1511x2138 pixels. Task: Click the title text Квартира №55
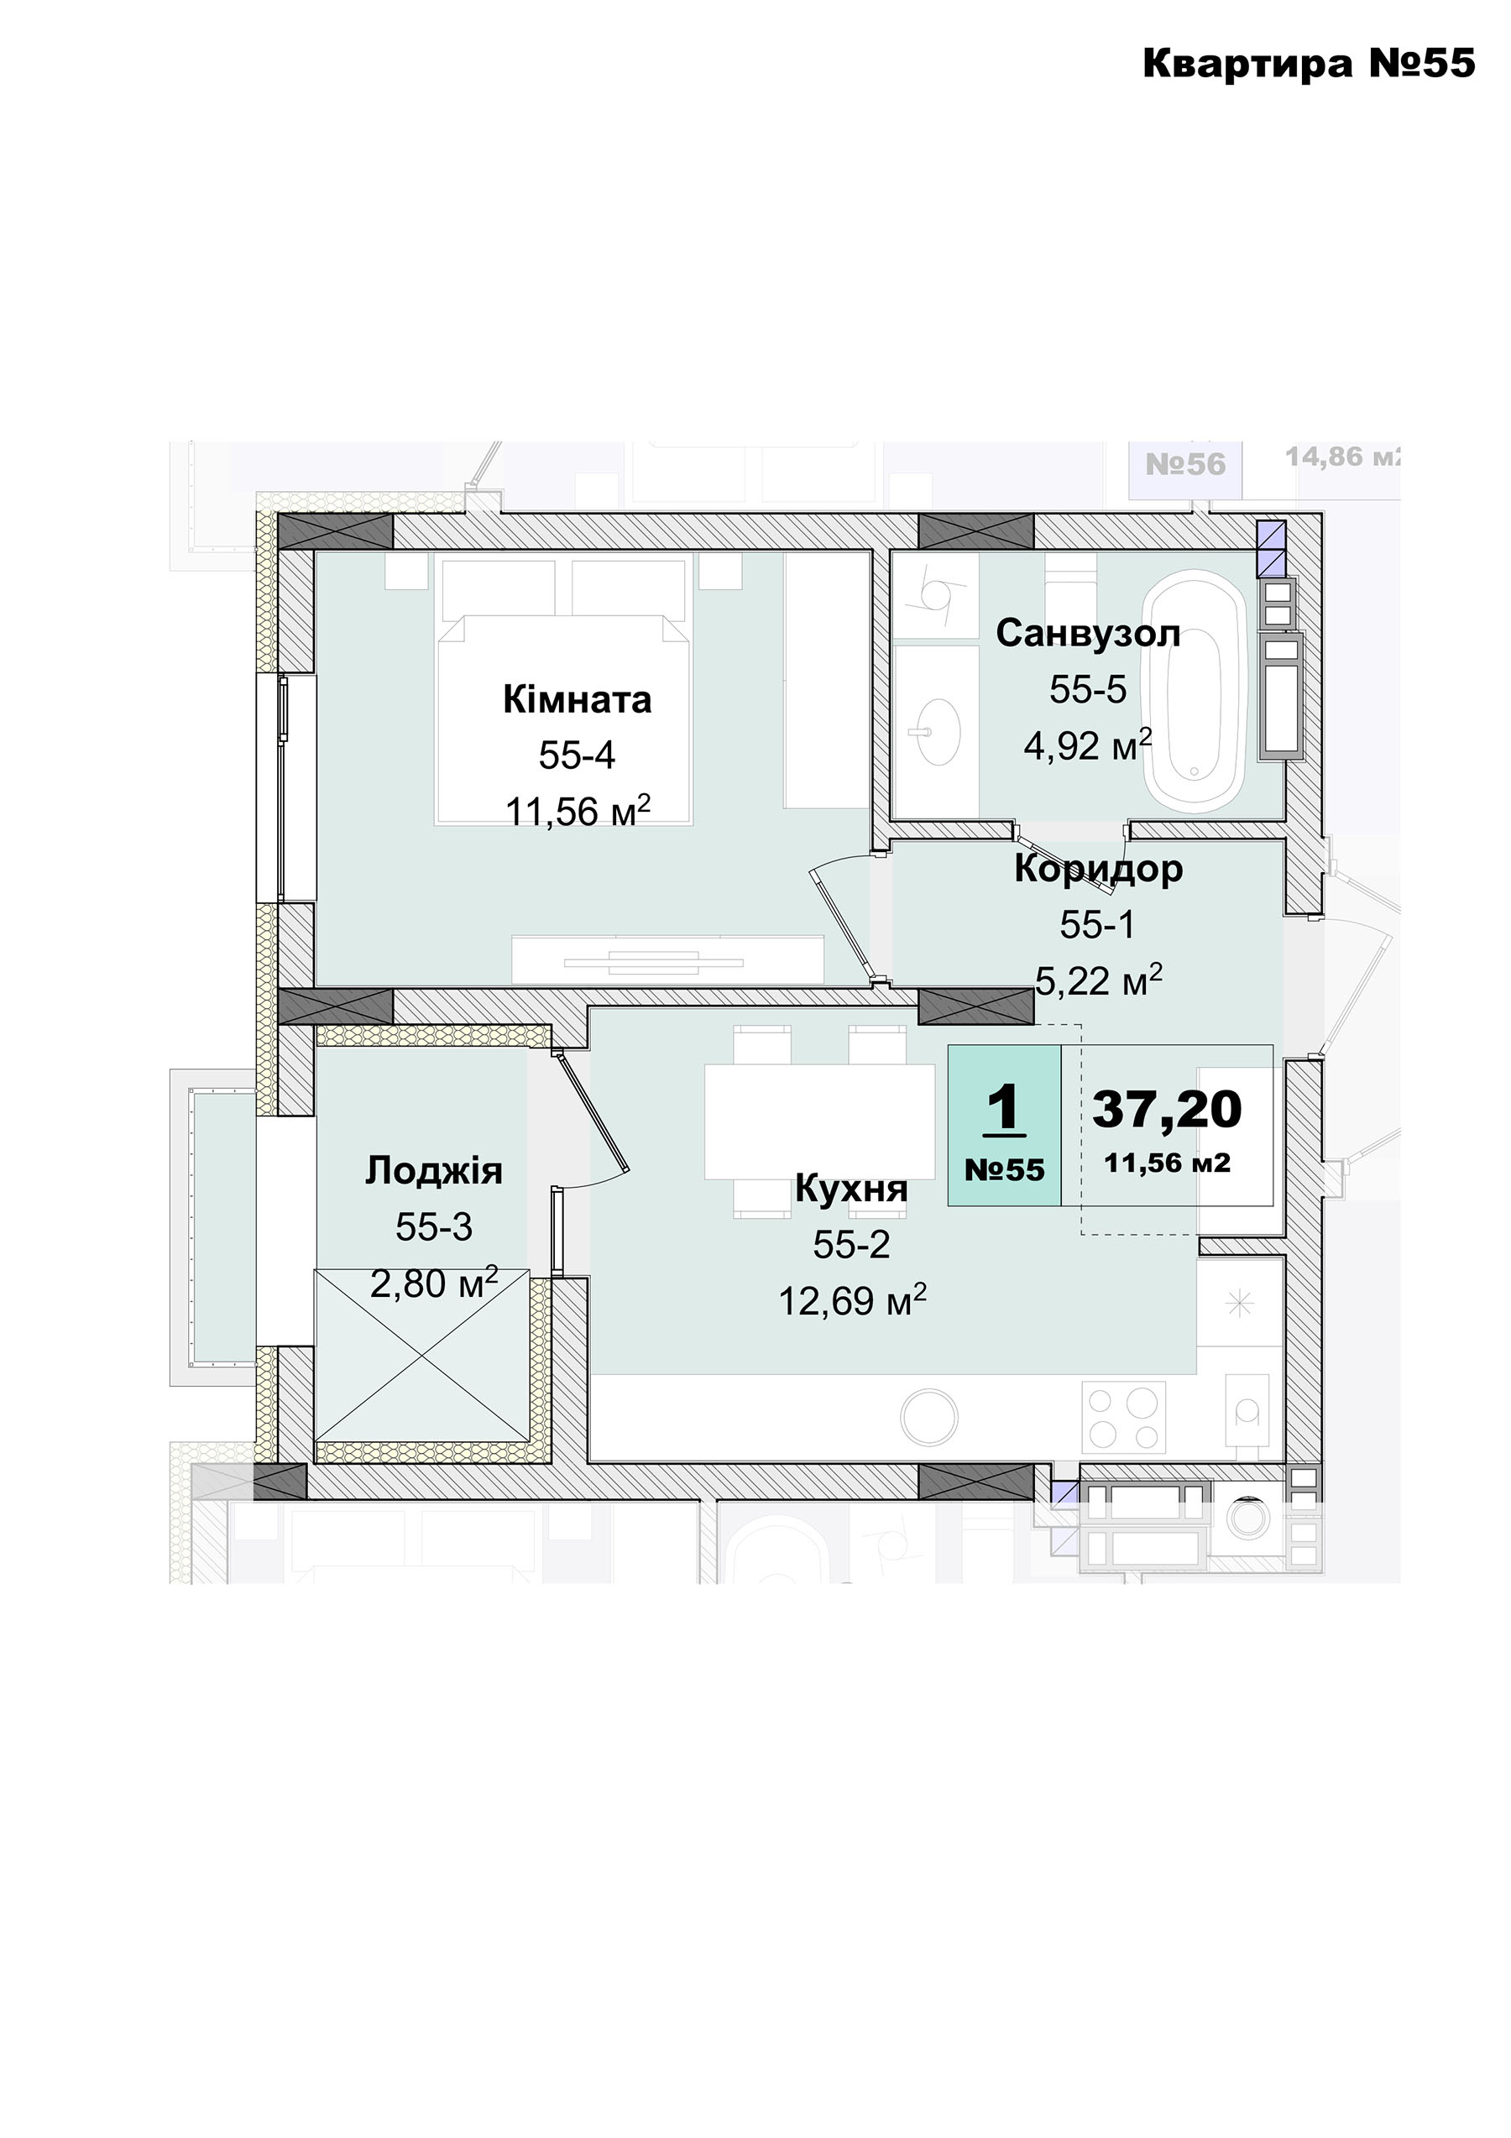1308,63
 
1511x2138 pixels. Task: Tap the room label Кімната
578,699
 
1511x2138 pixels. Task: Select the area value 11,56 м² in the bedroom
578,811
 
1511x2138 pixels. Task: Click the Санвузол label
1087,633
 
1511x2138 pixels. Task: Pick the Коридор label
1099,868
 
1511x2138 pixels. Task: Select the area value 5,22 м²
1099,980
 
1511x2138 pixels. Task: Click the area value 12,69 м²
852,1301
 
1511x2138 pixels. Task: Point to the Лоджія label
434,1170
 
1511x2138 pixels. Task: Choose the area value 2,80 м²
434,1283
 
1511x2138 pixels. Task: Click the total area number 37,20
1167,1108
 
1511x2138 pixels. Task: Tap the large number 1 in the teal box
1004,1109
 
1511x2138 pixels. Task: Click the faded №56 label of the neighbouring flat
1185,463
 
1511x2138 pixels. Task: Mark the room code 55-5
1087,689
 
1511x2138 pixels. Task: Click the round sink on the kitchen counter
929,1416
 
